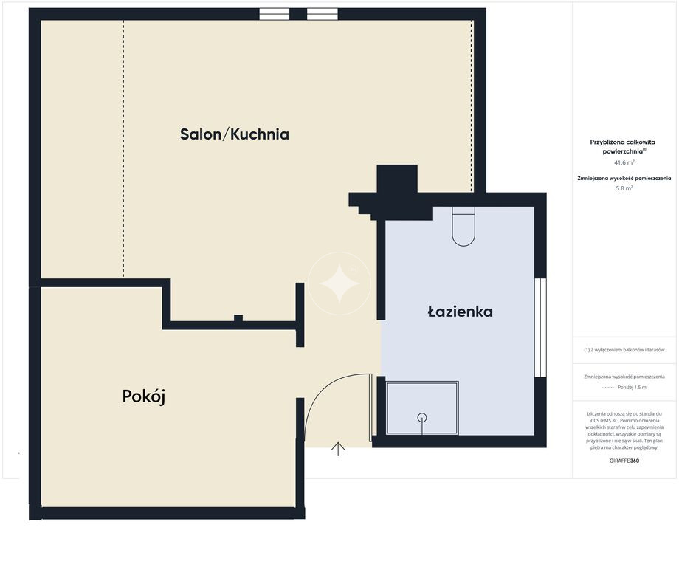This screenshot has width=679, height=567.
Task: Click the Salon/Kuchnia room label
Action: (234, 134)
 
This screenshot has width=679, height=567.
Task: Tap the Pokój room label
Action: (144, 396)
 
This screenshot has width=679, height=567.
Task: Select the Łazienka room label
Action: (460, 312)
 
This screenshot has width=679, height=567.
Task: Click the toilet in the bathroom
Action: (463, 227)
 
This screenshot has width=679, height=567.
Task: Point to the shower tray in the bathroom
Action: (421, 408)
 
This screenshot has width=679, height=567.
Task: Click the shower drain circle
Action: (421, 418)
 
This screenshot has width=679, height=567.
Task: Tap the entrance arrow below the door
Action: (338, 449)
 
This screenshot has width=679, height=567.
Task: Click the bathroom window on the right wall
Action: (540, 328)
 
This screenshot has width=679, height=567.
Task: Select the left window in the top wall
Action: (274, 14)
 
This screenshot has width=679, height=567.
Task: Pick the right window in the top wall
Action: (323, 14)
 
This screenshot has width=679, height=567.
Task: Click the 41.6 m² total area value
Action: (624, 163)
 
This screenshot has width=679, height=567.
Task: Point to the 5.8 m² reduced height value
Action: (624, 188)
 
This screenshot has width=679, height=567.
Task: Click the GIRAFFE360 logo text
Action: (624, 461)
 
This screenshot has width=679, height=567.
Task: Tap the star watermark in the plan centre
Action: (339, 283)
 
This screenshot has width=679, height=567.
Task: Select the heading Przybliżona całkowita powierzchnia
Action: (624, 147)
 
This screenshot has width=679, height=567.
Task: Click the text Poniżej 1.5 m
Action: (632, 388)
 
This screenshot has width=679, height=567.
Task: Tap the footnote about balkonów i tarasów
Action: (624, 350)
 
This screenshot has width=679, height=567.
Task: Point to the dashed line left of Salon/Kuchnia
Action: (123, 148)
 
